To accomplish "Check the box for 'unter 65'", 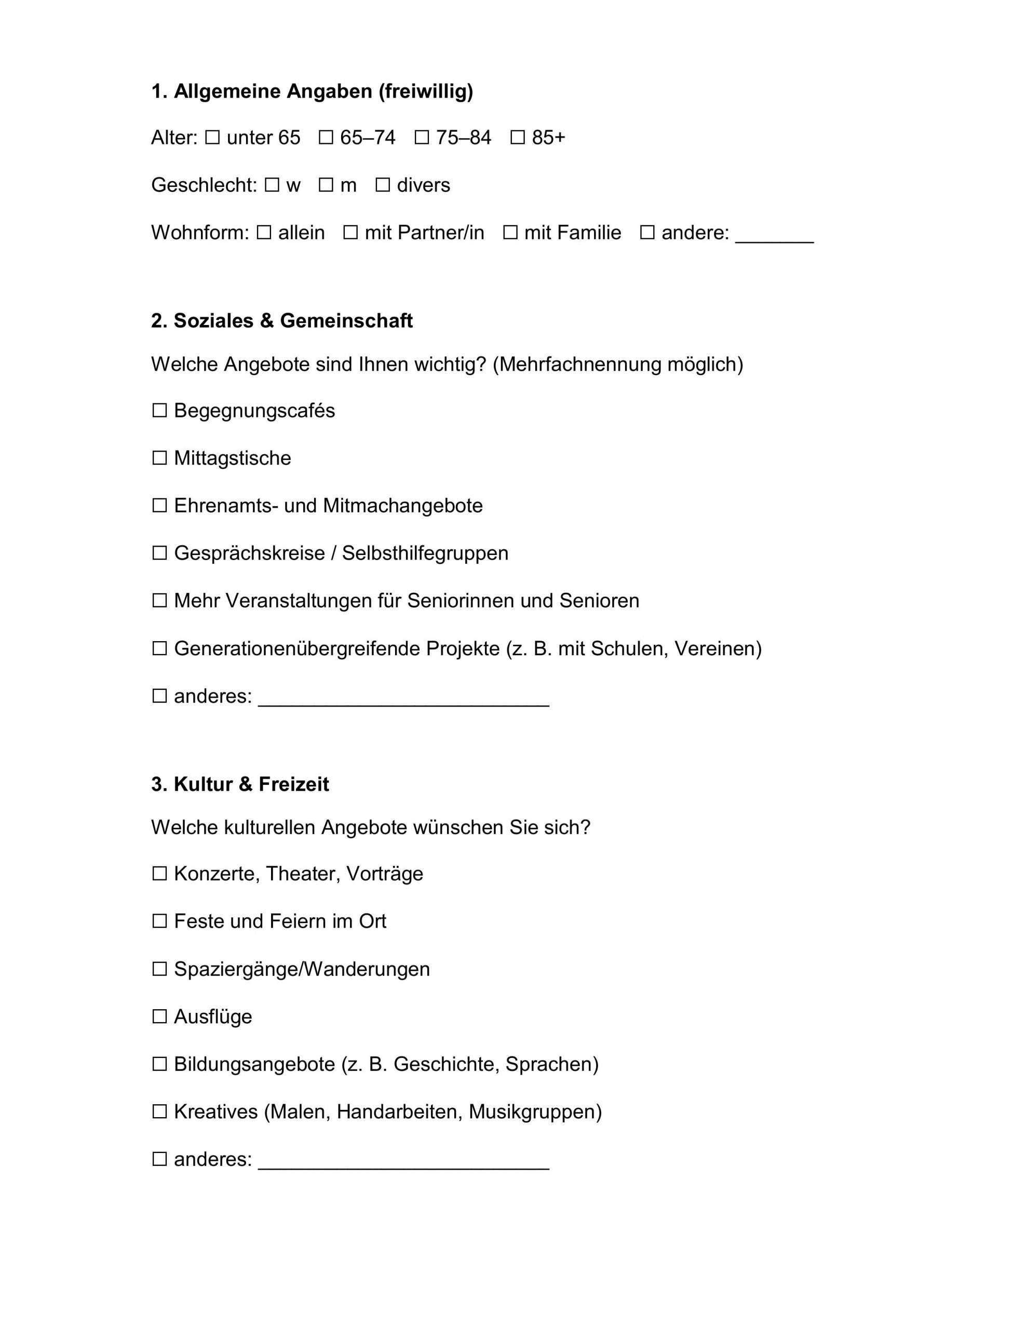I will (x=212, y=138).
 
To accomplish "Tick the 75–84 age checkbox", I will (x=421, y=138).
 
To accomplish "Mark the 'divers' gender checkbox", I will (x=382, y=185).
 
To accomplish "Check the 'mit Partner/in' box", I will (x=350, y=233).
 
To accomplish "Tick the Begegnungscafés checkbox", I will (x=159, y=411).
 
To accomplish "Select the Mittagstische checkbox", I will (x=159, y=458).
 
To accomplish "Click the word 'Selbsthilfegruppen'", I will (x=425, y=553).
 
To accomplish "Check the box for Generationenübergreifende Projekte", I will (x=159, y=649).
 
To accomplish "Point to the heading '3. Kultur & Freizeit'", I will (x=240, y=784).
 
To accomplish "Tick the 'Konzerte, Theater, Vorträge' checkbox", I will (x=159, y=874).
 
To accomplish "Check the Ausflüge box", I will (x=159, y=1017).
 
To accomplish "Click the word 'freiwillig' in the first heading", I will (x=426, y=91).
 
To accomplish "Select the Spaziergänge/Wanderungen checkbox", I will (x=159, y=969).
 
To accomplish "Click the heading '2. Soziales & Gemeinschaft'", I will (x=282, y=321).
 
